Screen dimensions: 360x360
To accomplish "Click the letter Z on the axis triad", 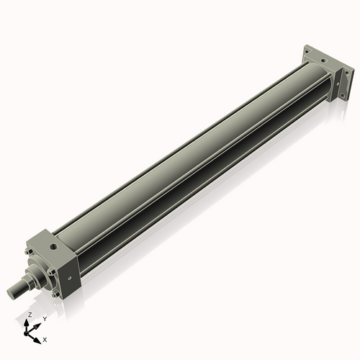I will [30, 315].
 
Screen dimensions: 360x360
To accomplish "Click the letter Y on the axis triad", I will [45, 318].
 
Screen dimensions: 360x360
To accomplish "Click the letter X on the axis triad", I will [45, 338].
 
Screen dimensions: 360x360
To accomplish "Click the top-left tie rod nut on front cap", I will [29, 252].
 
